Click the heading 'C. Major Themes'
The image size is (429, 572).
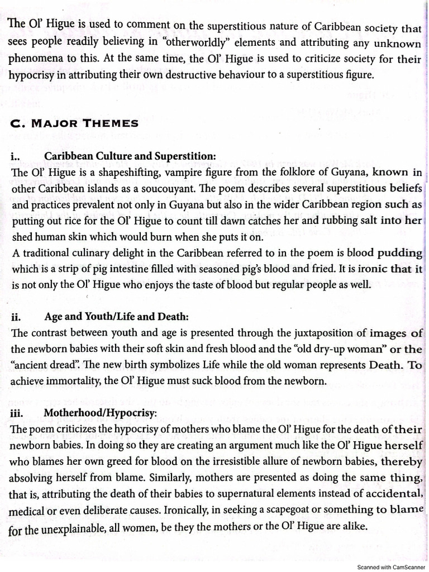click(75, 123)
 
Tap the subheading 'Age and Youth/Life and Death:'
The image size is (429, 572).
click(116, 317)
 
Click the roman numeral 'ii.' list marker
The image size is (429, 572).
click(16, 317)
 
